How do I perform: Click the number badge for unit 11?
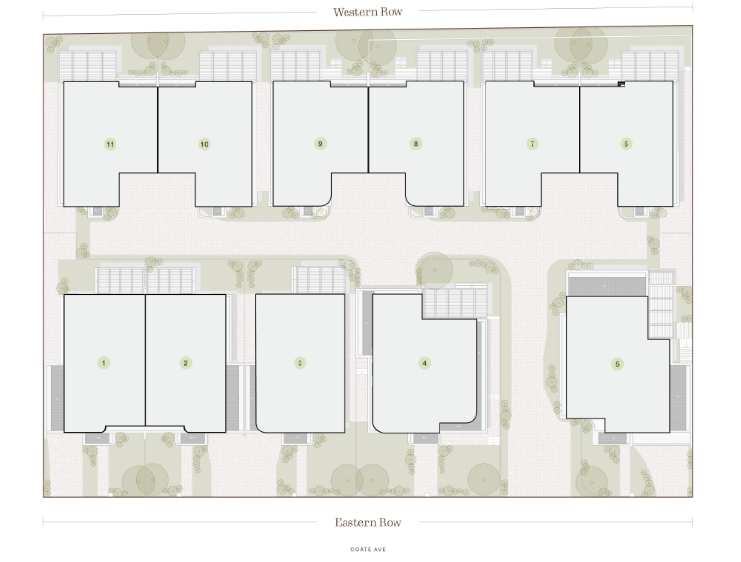click(x=110, y=144)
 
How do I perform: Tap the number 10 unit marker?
click(x=205, y=144)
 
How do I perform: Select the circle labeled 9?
click(x=320, y=144)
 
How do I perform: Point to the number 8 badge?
click(x=416, y=144)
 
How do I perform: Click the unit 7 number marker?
click(x=533, y=144)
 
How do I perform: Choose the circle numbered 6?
click(x=626, y=144)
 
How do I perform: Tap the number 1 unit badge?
click(x=104, y=363)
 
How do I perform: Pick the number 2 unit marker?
click(x=185, y=363)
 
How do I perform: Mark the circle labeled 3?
click(x=300, y=363)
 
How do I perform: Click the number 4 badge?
click(x=425, y=363)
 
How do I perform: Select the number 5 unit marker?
click(x=617, y=364)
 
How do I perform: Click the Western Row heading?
click(x=368, y=12)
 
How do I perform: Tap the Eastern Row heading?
click(x=368, y=522)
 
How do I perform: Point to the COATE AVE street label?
click(x=368, y=549)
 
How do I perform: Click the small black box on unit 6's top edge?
click(x=622, y=84)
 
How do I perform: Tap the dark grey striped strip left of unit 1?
click(x=57, y=398)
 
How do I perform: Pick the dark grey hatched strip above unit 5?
click(x=607, y=287)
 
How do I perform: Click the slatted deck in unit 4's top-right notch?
click(x=455, y=303)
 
